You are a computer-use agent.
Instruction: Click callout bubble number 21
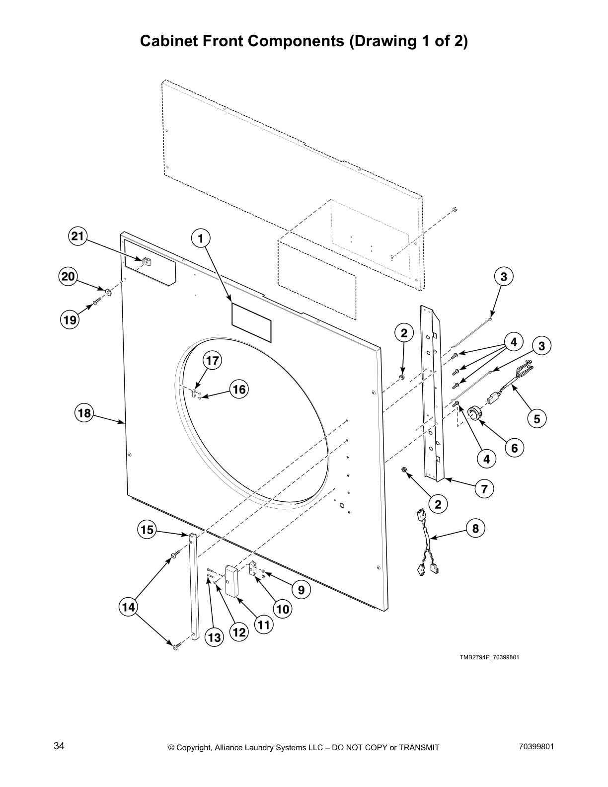coord(77,237)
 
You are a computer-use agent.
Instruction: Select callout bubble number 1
coord(201,239)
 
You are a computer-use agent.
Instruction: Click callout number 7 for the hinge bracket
coord(484,488)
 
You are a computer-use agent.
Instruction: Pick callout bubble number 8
coord(475,528)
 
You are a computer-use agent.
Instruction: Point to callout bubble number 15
coord(147,530)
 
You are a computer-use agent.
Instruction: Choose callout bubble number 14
coord(128,607)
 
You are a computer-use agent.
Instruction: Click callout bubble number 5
coord(536,419)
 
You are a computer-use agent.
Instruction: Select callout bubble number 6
coord(514,448)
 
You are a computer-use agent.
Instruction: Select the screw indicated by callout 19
coord(97,301)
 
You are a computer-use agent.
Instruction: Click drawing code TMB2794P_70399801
coord(489,657)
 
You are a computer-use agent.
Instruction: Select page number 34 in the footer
coord(59,746)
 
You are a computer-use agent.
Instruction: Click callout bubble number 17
coord(212,361)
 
